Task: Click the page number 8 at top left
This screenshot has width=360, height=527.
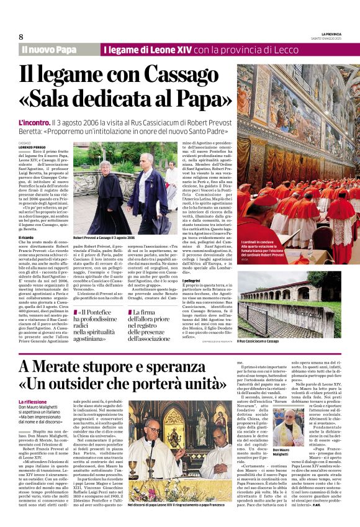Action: (x=21, y=37)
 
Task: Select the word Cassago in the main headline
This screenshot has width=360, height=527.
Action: (x=186, y=74)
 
